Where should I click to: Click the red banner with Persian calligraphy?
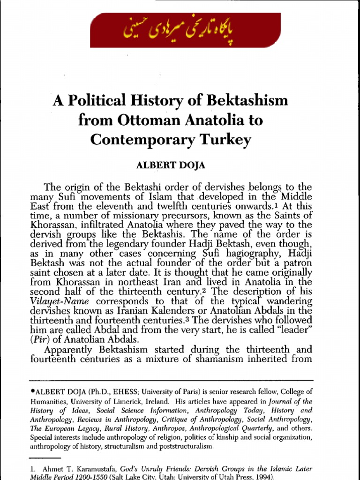coord(180,30)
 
